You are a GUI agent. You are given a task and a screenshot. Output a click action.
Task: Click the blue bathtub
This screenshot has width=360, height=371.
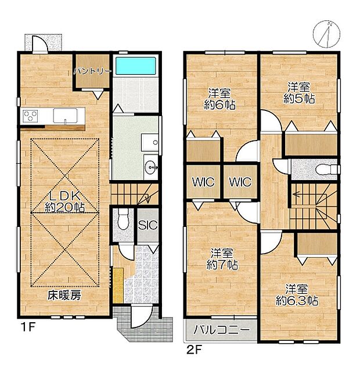(x=136, y=66)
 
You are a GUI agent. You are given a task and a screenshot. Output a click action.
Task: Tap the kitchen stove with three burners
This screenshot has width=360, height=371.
(x=30, y=116)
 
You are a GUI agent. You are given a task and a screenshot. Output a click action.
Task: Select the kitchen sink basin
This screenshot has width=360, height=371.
(x=65, y=116)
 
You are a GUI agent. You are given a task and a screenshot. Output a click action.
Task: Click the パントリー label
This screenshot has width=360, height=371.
(x=92, y=71)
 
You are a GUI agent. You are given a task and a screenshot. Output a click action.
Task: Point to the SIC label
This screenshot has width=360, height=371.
(x=147, y=225)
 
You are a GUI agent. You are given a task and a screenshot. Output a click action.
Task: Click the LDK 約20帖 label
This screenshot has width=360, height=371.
(x=64, y=201)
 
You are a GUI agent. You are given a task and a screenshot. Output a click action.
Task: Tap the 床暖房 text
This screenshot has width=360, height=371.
(x=64, y=295)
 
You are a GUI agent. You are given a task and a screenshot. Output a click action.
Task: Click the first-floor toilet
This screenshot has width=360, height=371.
(x=123, y=219)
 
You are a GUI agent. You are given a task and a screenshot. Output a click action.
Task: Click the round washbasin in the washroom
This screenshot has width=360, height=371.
(x=151, y=167)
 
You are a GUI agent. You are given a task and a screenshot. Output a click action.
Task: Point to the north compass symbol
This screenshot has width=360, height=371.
(x=326, y=34)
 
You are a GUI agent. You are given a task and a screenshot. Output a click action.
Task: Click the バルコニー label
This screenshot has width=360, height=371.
(x=221, y=330)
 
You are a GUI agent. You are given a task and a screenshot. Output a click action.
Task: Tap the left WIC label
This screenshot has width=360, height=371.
(x=203, y=182)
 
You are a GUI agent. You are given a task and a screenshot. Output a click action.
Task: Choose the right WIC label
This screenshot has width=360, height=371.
(x=240, y=182)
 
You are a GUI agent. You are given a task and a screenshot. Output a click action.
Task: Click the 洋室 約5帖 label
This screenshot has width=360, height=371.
(x=299, y=93)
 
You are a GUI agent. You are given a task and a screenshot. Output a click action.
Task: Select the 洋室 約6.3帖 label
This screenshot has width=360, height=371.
(x=297, y=295)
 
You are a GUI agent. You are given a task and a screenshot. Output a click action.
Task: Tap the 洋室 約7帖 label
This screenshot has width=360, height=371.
(x=222, y=259)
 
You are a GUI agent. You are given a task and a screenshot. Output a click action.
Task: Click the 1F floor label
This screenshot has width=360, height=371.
(x=28, y=327)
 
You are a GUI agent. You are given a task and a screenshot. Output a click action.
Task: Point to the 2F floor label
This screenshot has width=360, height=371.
(x=194, y=350)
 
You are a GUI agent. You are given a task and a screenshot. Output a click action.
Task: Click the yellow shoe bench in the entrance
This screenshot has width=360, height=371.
(x=118, y=285)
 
